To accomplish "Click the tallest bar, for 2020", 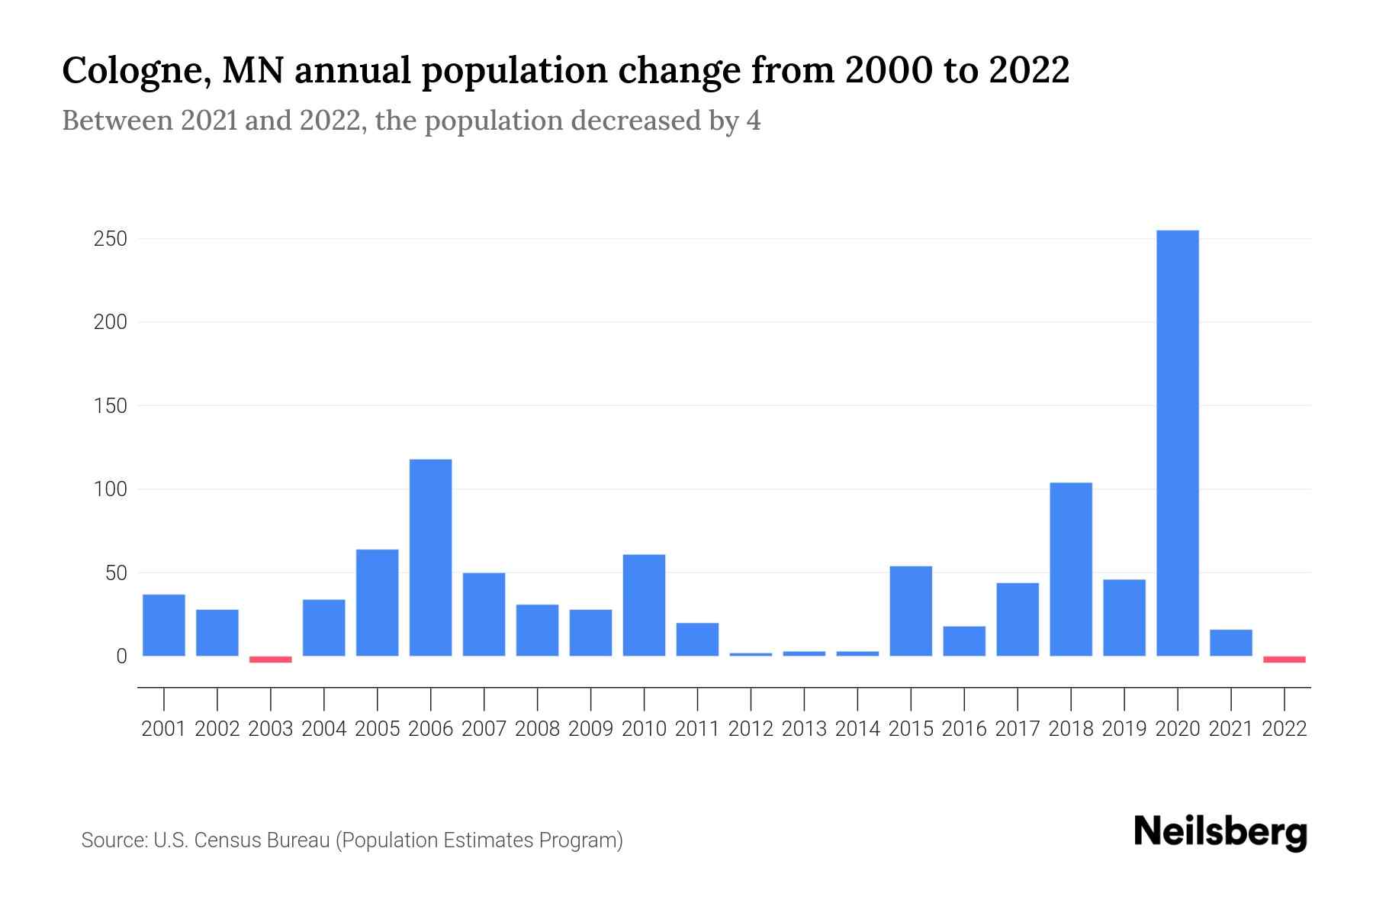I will (x=1177, y=443).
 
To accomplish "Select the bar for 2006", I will (x=430, y=557).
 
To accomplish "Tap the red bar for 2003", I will (x=270, y=660).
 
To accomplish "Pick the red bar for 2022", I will (x=1284, y=660).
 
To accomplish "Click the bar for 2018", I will (x=1070, y=569).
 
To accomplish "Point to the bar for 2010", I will (x=644, y=605).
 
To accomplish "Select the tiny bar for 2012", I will (x=751, y=654).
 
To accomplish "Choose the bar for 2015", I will (x=910, y=611).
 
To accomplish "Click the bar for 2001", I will (x=163, y=624).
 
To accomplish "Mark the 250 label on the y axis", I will (x=110, y=239).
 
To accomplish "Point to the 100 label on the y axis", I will (x=110, y=489).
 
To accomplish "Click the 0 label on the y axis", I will (x=121, y=656).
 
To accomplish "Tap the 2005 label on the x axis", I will (x=377, y=729).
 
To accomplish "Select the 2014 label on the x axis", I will (x=857, y=729).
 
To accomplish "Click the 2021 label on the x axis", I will (x=1230, y=729).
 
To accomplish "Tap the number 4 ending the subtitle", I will (x=754, y=121).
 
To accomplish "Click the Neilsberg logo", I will (x=1220, y=832).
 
